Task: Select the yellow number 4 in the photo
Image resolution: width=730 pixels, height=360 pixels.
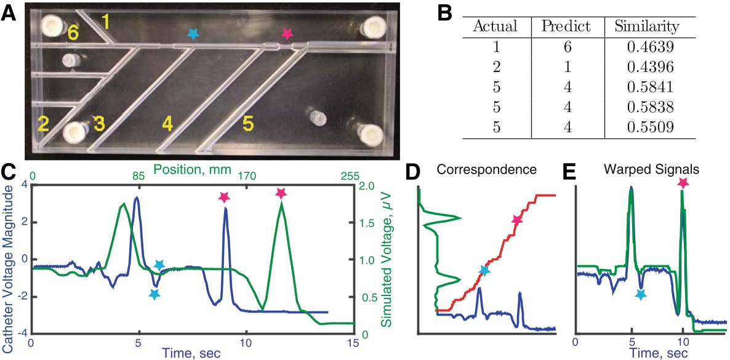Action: click(x=167, y=124)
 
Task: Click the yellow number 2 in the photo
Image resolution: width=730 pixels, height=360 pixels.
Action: click(x=43, y=124)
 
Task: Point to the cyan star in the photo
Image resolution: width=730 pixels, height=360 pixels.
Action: click(x=193, y=34)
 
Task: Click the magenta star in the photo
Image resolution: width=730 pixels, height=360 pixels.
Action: click(x=286, y=34)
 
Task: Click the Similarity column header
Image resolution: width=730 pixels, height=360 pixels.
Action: click(x=643, y=26)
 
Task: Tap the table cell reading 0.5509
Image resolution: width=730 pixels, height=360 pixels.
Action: click(x=643, y=127)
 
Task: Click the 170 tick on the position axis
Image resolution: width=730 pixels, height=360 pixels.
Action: click(x=247, y=176)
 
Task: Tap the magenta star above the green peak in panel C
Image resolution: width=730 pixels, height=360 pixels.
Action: click(x=281, y=193)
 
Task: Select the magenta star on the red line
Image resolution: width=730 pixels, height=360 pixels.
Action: click(x=516, y=220)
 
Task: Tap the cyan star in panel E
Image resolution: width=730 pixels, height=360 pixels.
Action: click(x=641, y=295)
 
